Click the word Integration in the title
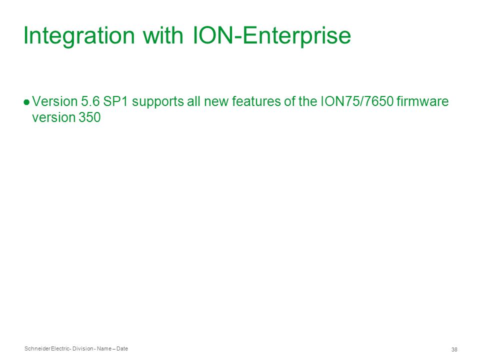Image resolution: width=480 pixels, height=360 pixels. point(79,36)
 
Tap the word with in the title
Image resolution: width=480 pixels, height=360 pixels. point(163,35)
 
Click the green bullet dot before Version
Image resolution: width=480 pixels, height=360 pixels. point(26,102)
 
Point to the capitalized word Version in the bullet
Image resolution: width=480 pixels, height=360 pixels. point(55,101)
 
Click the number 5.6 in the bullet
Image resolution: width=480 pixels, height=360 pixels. point(90,101)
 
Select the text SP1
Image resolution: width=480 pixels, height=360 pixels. point(115,101)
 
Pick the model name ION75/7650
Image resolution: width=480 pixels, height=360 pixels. point(356,101)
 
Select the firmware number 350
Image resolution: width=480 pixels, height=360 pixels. point(89,117)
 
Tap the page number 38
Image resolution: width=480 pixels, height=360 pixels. point(454,349)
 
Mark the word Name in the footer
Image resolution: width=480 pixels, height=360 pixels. point(104,348)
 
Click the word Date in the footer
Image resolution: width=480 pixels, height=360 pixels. point(122,348)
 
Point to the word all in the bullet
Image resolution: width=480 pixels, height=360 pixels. point(194,101)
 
